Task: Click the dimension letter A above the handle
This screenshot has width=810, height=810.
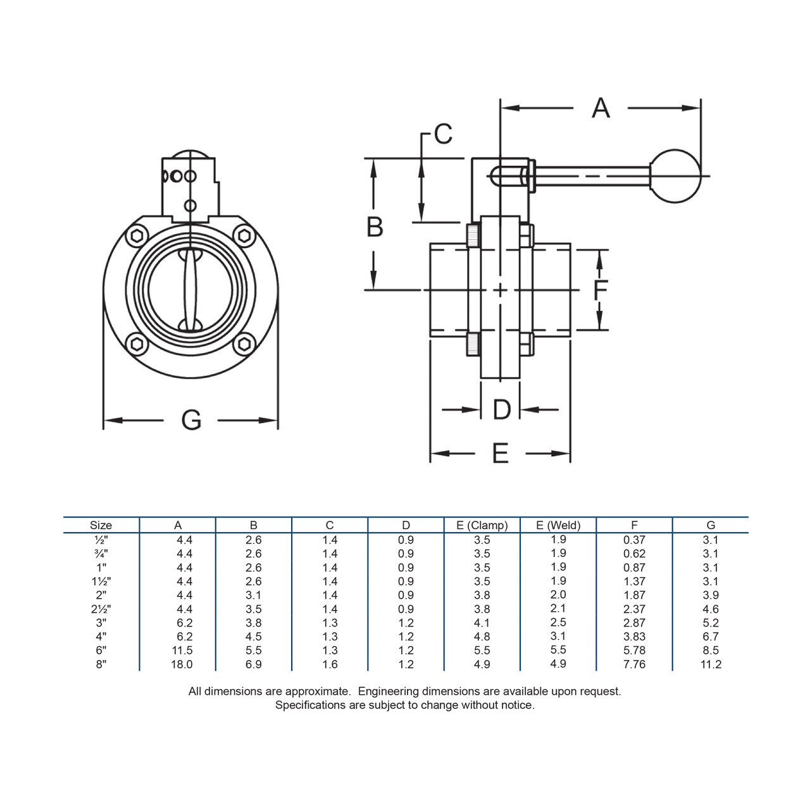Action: click(x=601, y=108)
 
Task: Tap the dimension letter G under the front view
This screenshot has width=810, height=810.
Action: click(x=191, y=420)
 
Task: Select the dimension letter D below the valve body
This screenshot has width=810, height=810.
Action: click(x=501, y=409)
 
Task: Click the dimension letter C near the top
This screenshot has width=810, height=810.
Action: click(x=443, y=134)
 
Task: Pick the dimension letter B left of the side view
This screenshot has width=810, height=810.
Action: click(x=375, y=227)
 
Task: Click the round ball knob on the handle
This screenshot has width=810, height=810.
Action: click(x=675, y=176)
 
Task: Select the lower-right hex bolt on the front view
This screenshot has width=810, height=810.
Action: click(x=244, y=344)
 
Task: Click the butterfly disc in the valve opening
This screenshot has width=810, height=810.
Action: click(x=190, y=290)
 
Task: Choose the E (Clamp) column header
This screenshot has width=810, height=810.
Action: click(x=482, y=525)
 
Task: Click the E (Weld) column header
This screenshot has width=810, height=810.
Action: click(x=558, y=525)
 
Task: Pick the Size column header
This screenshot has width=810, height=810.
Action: click(x=101, y=525)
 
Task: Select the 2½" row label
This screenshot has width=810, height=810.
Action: click(x=101, y=609)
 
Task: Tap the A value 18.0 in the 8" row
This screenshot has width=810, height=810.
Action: click(x=182, y=664)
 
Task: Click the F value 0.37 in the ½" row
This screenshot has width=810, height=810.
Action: click(x=634, y=540)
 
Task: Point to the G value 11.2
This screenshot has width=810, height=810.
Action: click(x=711, y=664)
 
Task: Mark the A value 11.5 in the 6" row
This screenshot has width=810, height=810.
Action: click(x=182, y=651)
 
